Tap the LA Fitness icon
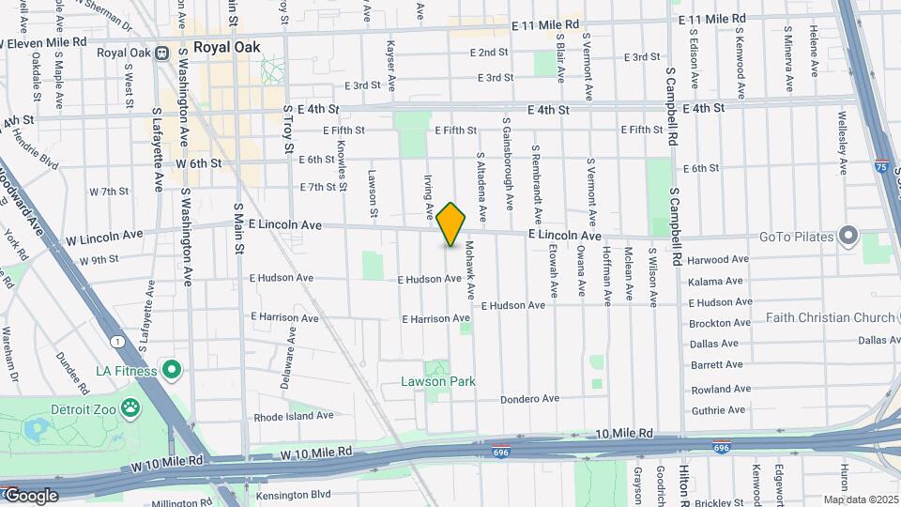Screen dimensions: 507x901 coord(171,370)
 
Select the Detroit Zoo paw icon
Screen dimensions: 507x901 coord(130,408)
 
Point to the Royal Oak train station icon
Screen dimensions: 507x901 coord(161,53)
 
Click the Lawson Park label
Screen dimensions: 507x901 coord(438,381)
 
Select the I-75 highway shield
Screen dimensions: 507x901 coord(881,164)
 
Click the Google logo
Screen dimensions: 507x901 coord(30,496)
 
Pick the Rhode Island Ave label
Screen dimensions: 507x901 coord(293,415)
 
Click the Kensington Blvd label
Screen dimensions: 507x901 coord(294,494)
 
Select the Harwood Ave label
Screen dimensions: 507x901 coord(718,259)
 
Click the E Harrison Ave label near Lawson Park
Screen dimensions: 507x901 coord(435,319)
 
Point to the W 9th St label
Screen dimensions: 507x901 coord(99,260)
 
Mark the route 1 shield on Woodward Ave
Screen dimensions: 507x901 coord(115,340)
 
